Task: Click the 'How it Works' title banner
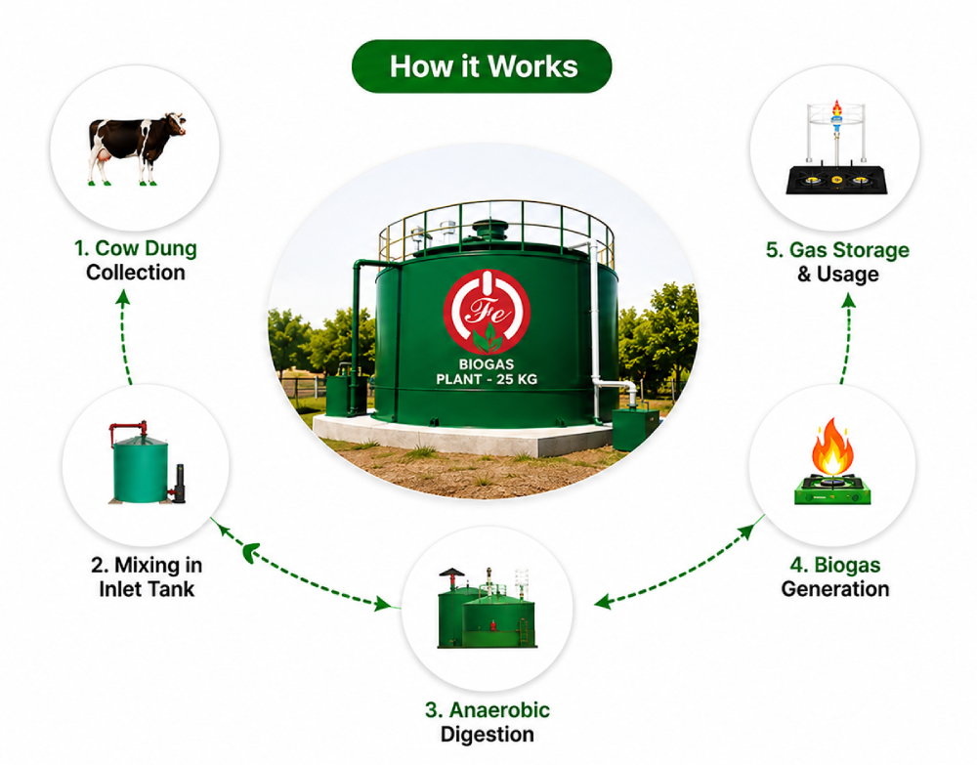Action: tap(482, 66)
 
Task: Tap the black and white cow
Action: tap(137, 149)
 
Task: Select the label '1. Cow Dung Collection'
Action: tap(135, 261)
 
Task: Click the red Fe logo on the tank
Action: tap(488, 312)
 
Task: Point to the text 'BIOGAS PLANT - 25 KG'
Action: tap(487, 372)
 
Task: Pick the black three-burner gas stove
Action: tap(837, 180)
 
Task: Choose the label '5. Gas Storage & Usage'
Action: tap(837, 262)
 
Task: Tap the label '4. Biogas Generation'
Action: tap(835, 576)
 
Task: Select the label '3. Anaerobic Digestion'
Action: tap(488, 722)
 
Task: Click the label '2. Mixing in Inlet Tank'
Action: tap(147, 576)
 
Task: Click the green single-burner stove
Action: tap(832, 489)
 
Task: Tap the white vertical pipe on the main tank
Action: tap(595, 330)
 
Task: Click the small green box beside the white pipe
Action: tap(636, 429)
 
